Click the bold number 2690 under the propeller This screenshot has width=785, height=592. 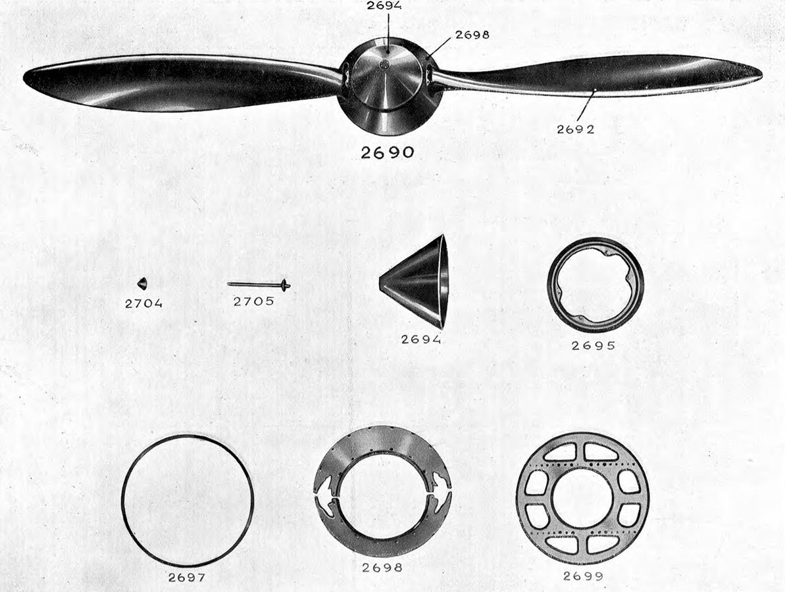click(x=388, y=152)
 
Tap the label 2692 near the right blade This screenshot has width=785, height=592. click(x=576, y=129)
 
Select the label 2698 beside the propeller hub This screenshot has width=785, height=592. click(x=472, y=35)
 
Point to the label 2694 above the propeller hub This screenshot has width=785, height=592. click(x=384, y=5)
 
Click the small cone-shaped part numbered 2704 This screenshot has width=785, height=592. click(x=141, y=284)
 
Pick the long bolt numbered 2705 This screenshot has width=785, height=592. click(x=259, y=285)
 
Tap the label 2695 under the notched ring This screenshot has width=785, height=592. click(x=593, y=345)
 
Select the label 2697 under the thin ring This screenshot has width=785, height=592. click(x=186, y=577)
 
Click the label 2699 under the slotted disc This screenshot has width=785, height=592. click(x=583, y=576)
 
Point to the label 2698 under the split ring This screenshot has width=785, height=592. click(x=382, y=568)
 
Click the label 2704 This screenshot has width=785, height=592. click(x=143, y=303)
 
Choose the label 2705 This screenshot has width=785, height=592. click(x=254, y=301)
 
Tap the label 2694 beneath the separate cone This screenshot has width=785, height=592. click(x=421, y=339)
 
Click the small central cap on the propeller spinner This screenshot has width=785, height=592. click(x=384, y=64)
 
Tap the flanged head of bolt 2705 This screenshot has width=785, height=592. click(x=285, y=285)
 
